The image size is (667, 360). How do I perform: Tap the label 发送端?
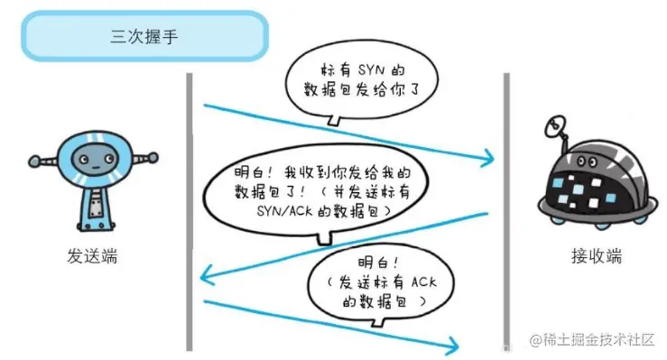(93, 255)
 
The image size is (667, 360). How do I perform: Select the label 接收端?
(596, 255)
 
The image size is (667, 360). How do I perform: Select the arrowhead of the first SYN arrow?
(490, 162)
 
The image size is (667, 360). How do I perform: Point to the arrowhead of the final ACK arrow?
(454, 344)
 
